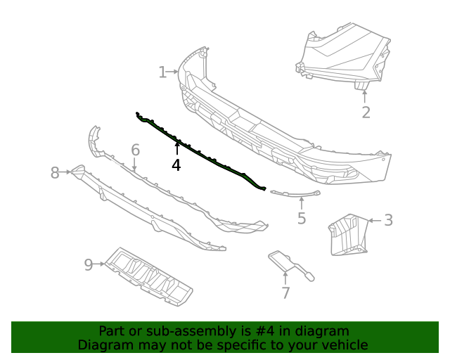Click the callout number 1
(x=162, y=72)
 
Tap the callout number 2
(x=366, y=112)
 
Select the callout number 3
(x=388, y=220)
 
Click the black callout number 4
(x=176, y=165)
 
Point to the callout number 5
(x=302, y=219)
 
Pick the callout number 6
(x=135, y=150)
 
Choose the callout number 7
(x=285, y=293)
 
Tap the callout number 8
(x=55, y=172)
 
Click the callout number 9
(x=89, y=264)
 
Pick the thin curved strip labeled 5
(x=295, y=192)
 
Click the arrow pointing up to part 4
(x=176, y=148)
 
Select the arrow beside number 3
(x=373, y=221)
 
